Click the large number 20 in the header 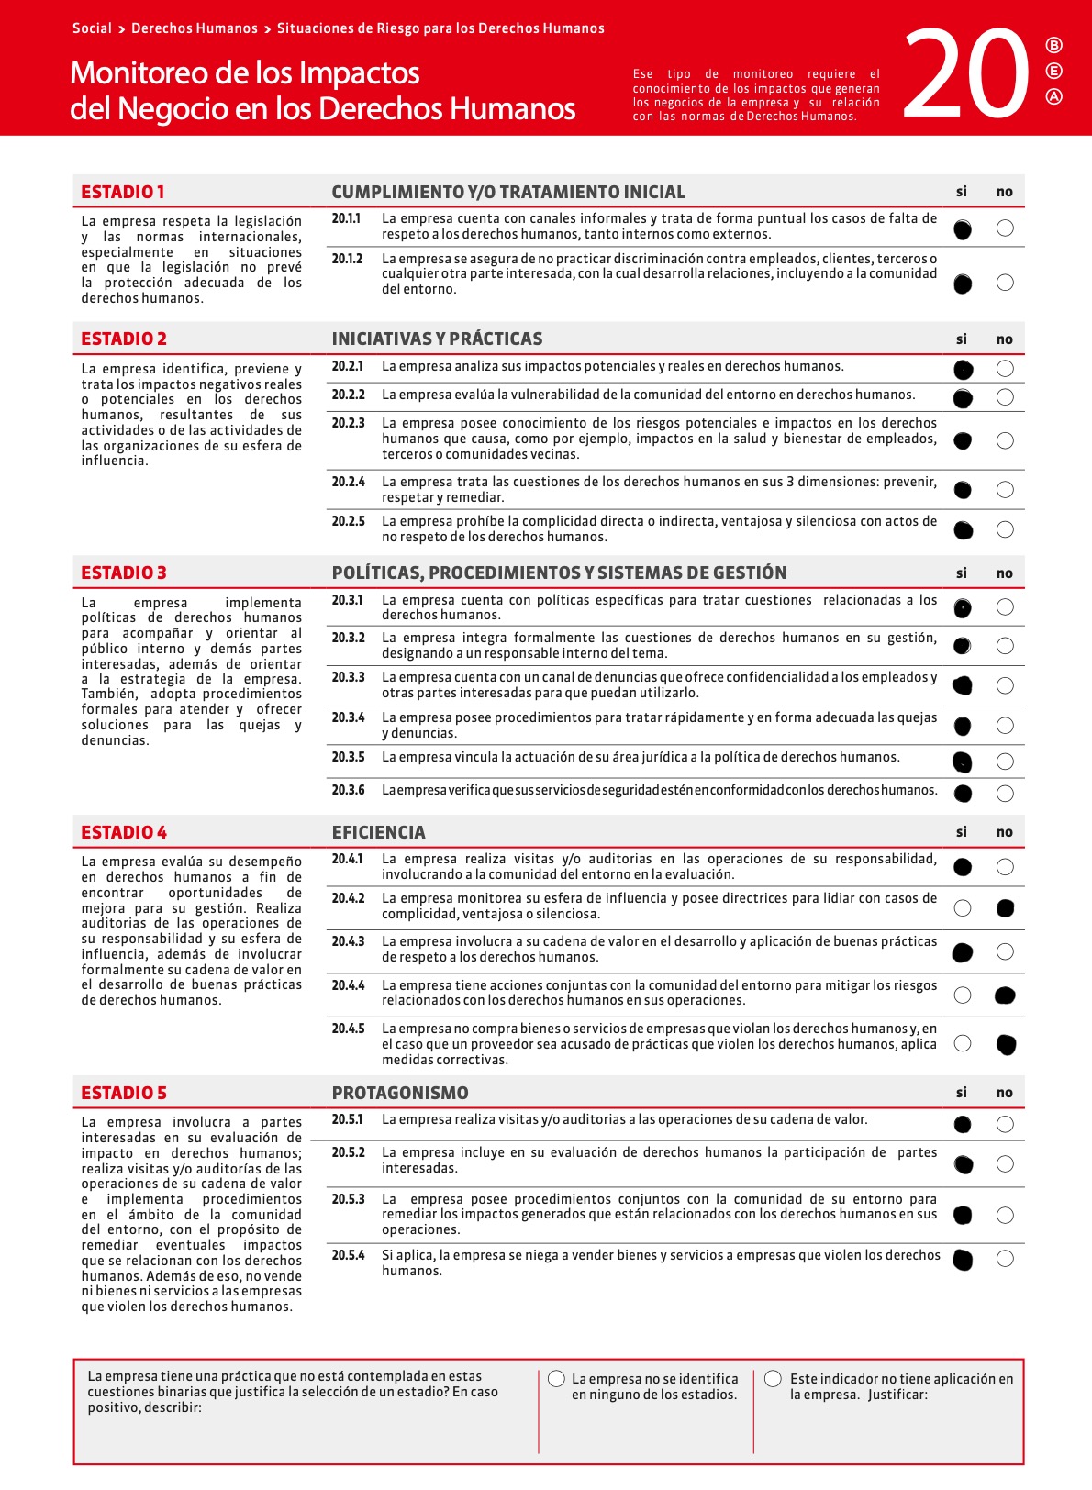[966, 74]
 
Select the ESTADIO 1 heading [122, 192]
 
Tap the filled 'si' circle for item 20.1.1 [962, 229]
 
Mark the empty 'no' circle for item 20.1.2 [1005, 283]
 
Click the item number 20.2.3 [348, 423]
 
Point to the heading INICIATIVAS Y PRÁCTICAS [437, 339]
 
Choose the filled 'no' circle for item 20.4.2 [1005, 908]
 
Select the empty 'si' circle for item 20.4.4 [963, 995]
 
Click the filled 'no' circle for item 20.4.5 [1006, 1043]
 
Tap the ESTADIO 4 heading [124, 832]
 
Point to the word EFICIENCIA [378, 832]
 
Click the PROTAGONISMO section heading [400, 1093]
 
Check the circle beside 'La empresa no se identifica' [556, 1379]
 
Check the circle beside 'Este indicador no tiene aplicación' [773, 1379]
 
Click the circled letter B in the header [1053, 46]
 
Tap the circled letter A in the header [1053, 96]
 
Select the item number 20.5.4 [348, 1255]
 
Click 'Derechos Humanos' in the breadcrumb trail [194, 28]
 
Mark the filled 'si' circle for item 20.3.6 [963, 793]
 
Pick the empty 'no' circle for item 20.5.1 [1005, 1124]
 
